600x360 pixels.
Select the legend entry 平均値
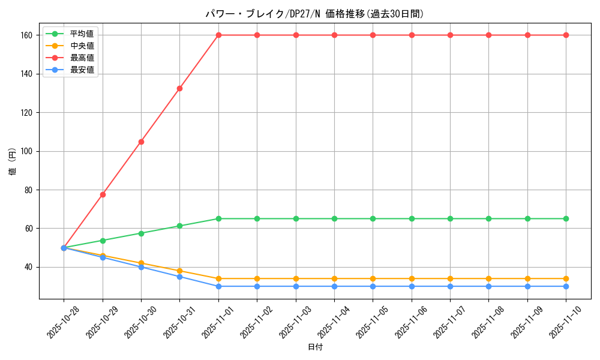(x=82, y=34)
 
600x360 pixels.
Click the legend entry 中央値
(x=82, y=46)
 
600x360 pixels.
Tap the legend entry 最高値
(x=82, y=58)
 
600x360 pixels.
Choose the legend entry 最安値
(x=82, y=70)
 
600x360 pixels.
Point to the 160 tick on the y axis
(x=28, y=35)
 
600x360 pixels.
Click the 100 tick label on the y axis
(x=28, y=151)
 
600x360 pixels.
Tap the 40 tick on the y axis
(x=30, y=267)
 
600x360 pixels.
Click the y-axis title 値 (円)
(x=12, y=161)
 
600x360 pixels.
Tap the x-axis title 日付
(x=315, y=347)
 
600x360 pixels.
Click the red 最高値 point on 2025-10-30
(x=141, y=142)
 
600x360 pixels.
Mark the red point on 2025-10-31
(x=179, y=88)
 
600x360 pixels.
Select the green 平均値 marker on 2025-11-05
(x=373, y=218)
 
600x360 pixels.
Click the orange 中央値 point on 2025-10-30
(x=141, y=263)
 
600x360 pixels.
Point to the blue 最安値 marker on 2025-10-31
(x=179, y=277)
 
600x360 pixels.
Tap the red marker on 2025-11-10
(x=566, y=35)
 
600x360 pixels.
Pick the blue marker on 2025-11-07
(x=450, y=286)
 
